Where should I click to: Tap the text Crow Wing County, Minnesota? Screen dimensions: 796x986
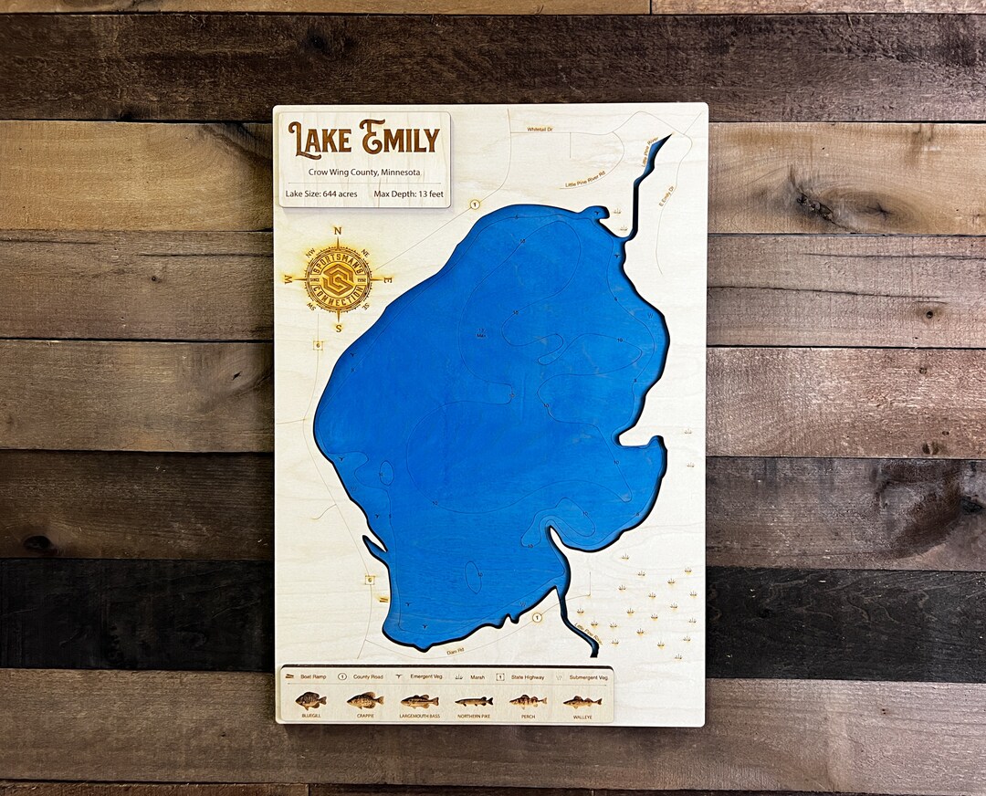point(364,172)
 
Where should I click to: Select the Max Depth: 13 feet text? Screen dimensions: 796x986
point(408,194)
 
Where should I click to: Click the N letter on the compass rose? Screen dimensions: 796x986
point(338,231)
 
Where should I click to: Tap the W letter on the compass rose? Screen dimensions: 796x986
point(288,278)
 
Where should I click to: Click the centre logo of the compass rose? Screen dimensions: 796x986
point(338,277)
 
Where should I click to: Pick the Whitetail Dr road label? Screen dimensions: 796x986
point(540,130)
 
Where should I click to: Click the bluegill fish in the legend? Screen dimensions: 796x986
point(310,701)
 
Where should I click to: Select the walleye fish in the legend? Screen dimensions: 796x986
point(582,702)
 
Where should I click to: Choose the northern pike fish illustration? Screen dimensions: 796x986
point(473,701)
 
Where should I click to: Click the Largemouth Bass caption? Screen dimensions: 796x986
point(420,717)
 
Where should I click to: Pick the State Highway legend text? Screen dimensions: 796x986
point(530,677)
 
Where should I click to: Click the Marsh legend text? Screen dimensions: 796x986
point(474,677)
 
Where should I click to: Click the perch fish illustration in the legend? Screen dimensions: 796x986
point(528,701)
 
